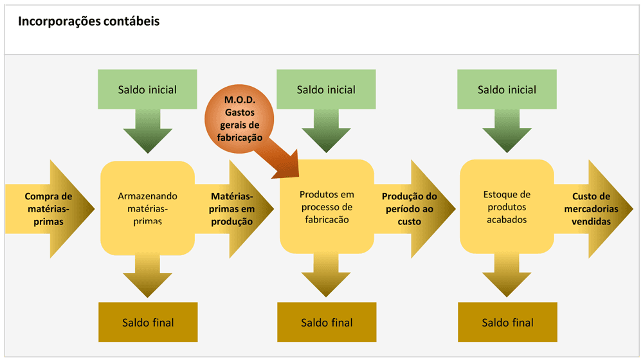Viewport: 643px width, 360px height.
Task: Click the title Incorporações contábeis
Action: point(89,21)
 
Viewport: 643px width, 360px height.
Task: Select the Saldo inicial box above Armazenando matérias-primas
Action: point(147,90)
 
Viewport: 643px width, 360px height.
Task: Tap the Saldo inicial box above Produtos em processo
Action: point(326,90)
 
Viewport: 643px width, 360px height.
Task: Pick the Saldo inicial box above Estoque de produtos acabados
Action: point(507,90)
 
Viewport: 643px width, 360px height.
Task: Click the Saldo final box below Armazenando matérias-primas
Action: point(148,322)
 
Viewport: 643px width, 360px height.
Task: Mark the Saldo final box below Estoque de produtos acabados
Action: point(507,322)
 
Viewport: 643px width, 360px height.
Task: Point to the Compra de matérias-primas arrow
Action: point(48,208)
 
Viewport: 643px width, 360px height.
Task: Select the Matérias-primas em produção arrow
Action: point(233,208)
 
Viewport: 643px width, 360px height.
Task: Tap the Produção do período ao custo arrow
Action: point(412,208)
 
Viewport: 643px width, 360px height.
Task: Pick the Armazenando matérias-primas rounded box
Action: point(148,207)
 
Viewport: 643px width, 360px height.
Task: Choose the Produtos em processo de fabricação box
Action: point(327,207)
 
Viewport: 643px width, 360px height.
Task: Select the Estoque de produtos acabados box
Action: point(507,207)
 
